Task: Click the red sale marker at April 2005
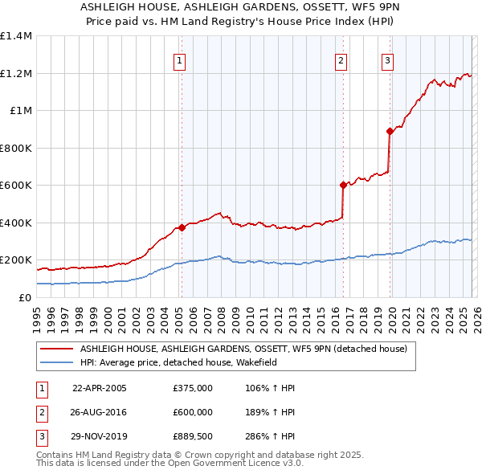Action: (x=182, y=227)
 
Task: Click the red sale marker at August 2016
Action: (x=343, y=185)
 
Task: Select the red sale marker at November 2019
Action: (x=390, y=131)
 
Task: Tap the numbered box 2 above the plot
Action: (x=341, y=59)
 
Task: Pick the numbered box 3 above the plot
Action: (x=387, y=59)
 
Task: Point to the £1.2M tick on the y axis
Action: (x=16, y=73)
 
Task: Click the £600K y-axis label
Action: (x=16, y=185)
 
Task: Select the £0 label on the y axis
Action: (x=24, y=297)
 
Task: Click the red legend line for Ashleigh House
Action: (x=56, y=349)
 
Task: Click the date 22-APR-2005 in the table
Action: (x=100, y=388)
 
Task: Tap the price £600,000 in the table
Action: (x=192, y=411)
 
